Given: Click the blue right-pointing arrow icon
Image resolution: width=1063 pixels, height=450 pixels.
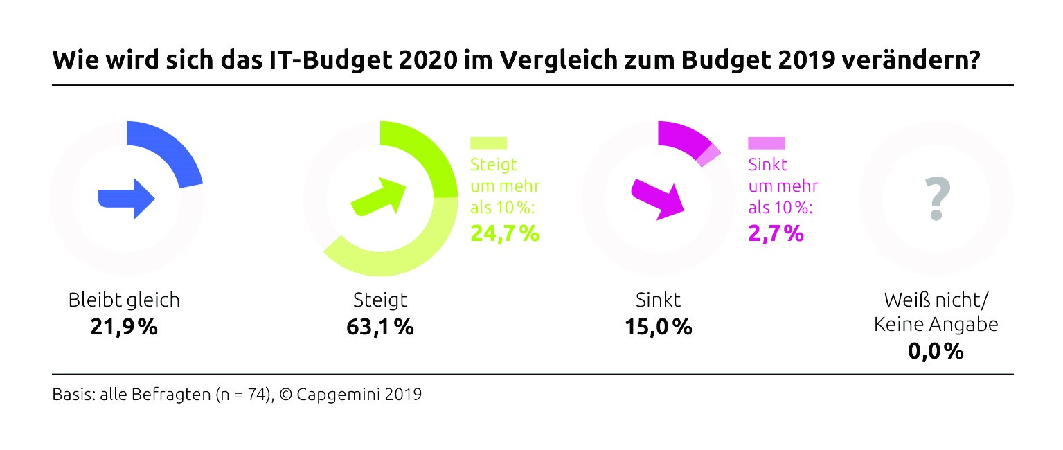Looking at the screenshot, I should (x=126, y=198).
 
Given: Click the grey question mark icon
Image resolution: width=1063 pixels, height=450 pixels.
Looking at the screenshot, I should (x=936, y=198).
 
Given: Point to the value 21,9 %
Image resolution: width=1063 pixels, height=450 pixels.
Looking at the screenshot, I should (x=124, y=326).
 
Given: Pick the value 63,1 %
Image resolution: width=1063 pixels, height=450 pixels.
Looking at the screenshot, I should (x=379, y=326).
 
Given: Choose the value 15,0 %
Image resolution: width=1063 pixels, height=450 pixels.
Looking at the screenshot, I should (x=658, y=326).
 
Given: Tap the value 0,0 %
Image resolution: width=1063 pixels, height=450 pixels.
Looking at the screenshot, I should (x=936, y=351).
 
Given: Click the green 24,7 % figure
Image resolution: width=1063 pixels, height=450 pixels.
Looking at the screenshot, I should (x=505, y=233).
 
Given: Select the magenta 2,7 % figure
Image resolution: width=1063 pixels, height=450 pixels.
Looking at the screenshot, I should (x=776, y=233).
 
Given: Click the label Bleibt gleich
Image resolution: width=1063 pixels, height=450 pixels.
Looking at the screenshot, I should (x=124, y=300).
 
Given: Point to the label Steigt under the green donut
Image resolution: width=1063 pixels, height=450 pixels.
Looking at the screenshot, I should (x=380, y=300).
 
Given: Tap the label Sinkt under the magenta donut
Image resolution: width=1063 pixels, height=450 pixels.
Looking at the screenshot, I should (x=658, y=300).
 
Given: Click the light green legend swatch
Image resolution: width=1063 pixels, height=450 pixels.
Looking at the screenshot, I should (x=488, y=143).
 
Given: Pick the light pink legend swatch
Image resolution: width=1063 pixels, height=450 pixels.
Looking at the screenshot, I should (x=766, y=143).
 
